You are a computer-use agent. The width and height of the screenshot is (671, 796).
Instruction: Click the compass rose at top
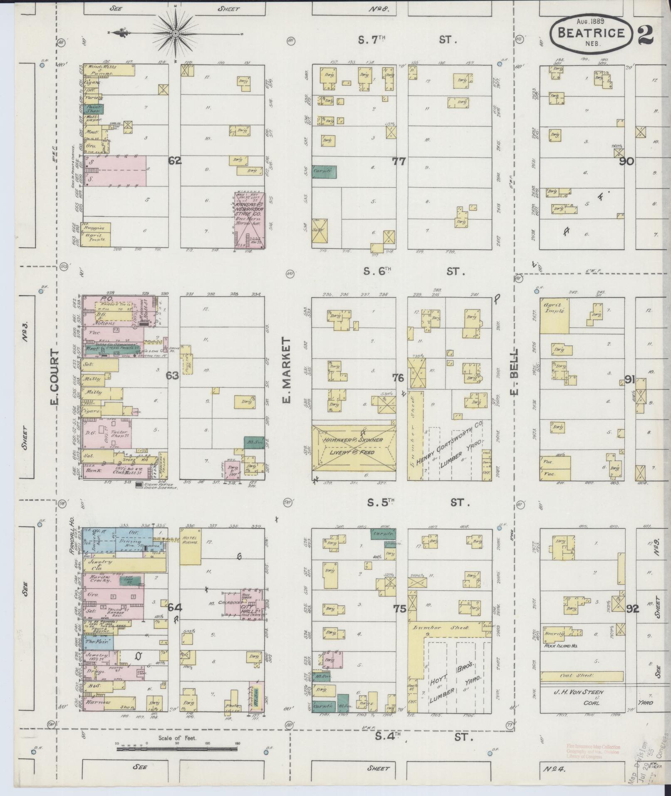[175, 33]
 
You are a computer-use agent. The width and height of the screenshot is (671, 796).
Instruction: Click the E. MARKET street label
[287, 371]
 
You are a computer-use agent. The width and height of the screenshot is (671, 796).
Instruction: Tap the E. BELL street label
[515, 372]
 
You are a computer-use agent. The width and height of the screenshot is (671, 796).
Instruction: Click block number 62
[175, 161]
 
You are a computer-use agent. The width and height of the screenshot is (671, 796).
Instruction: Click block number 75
[399, 609]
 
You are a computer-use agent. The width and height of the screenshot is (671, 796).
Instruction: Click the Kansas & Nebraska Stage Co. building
[248, 221]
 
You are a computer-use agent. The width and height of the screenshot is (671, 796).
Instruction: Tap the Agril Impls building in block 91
[554, 315]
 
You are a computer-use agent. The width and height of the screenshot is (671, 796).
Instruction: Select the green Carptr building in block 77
[324, 171]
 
